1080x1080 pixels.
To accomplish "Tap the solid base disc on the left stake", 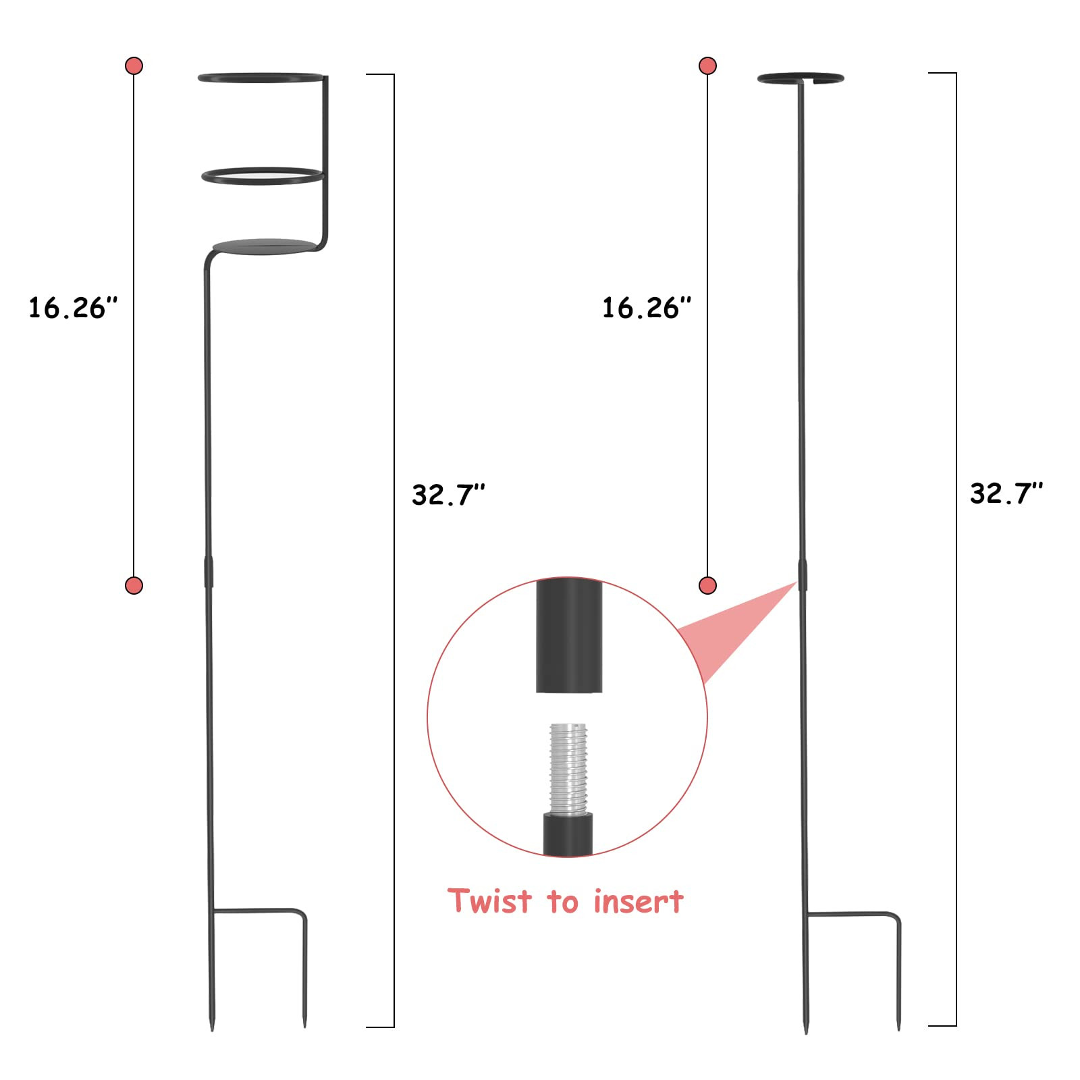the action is (265, 246).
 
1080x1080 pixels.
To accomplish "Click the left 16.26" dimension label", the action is (73, 308).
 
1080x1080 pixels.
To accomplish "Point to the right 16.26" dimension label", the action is (647, 308).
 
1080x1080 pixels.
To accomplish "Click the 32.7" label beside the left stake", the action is (448, 495).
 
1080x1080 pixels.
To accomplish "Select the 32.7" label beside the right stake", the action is (1006, 493).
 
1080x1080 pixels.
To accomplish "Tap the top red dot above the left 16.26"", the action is (134, 65).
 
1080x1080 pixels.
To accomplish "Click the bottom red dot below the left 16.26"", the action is (134, 585).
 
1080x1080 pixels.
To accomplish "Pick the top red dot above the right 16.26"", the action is (707, 65).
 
